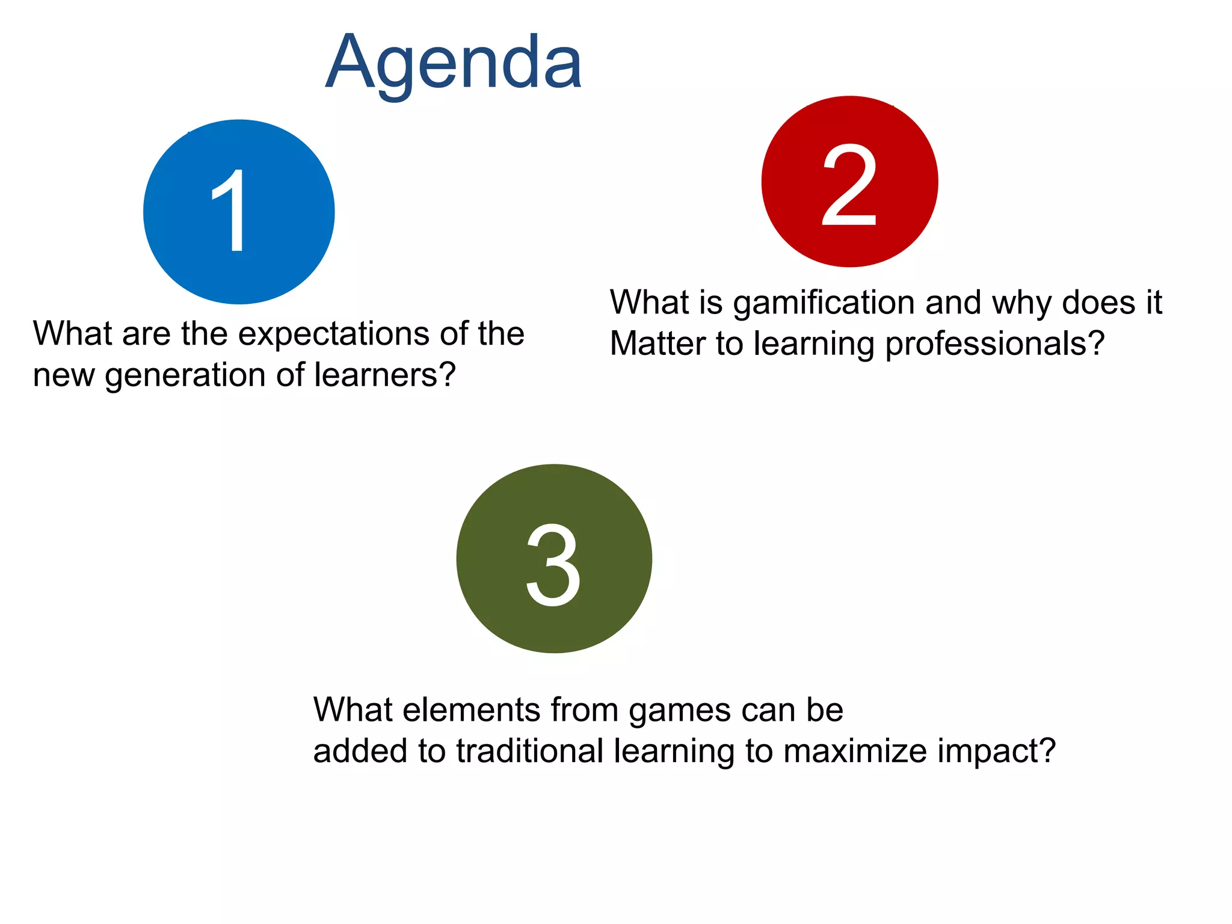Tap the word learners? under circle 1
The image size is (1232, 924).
pyautogui.click(x=385, y=375)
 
